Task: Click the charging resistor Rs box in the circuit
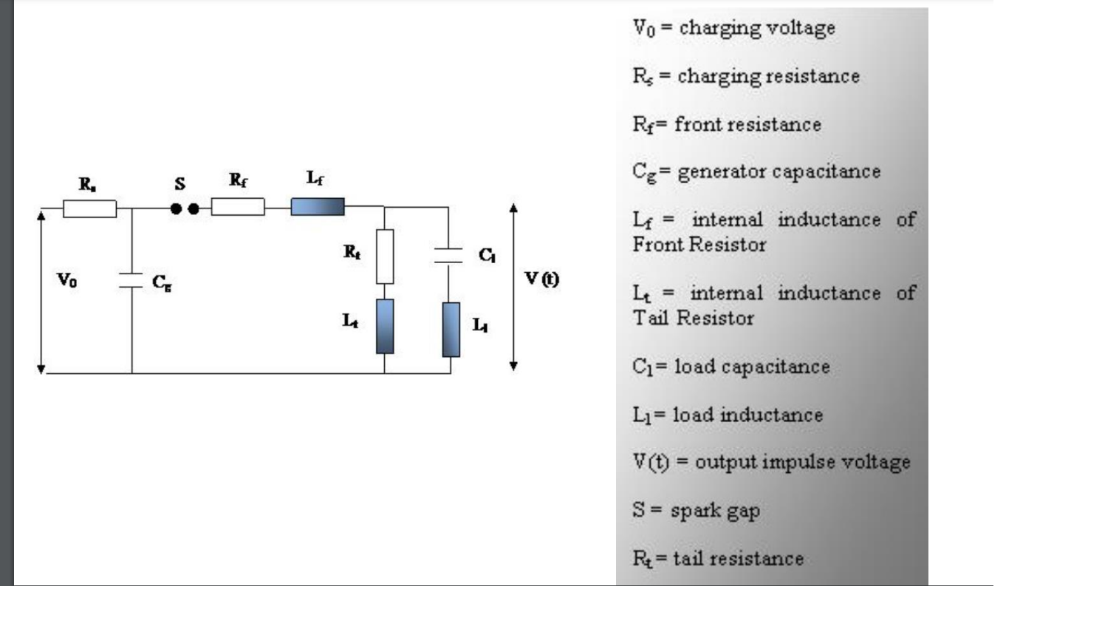[x=89, y=208]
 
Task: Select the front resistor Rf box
[x=237, y=207]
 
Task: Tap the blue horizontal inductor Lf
[x=318, y=207]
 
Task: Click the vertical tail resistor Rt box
[x=385, y=256]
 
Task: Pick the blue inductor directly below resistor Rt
[x=385, y=326]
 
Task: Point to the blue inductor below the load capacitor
[x=451, y=330]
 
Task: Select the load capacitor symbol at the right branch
[x=448, y=255]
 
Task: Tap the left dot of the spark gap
[x=176, y=209]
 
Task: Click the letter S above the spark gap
[x=179, y=184]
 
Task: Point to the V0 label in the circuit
[x=66, y=280]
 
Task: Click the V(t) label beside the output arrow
[x=541, y=279]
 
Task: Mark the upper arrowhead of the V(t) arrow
[x=513, y=208]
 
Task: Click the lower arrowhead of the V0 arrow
[x=41, y=368]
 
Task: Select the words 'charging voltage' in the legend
[x=757, y=28]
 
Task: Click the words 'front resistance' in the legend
[x=747, y=124]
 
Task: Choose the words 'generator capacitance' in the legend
[x=779, y=171]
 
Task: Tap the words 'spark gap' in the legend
[x=715, y=511]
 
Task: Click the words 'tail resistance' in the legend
[x=738, y=559]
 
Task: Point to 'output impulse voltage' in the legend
[x=802, y=462]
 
